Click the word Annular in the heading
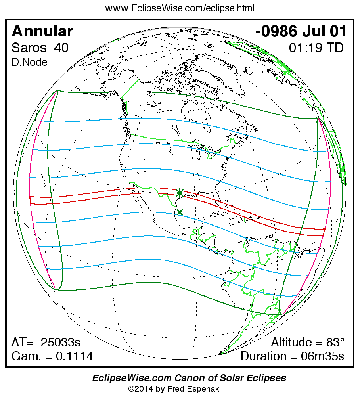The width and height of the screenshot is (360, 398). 42,31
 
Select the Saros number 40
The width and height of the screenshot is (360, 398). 61,48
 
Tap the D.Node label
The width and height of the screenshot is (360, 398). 30,62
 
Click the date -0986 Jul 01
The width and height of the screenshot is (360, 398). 302,31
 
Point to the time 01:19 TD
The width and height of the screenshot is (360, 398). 316,48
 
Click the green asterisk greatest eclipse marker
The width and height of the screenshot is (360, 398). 180,193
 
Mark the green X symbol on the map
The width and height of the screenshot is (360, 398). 180,212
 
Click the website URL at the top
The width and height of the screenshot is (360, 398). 180,8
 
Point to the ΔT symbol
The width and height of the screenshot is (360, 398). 19,343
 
